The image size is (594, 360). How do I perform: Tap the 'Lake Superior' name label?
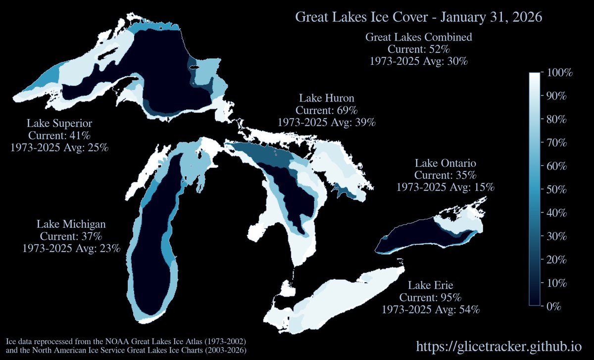coord(59,123)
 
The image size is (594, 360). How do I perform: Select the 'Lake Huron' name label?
coord(326,97)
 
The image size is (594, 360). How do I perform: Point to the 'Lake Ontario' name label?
coord(445,163)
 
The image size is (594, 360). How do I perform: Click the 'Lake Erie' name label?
coord(430,285)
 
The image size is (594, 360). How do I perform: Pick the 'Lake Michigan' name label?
coord(71,224)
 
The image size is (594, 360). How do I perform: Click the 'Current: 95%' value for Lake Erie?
coord(430,298)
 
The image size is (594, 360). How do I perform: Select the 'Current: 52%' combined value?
coord(418,50)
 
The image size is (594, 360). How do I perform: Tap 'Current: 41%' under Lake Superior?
coord(59,135)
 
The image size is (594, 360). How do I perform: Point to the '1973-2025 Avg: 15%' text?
coord(445,187)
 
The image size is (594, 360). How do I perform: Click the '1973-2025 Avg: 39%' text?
coord(326,122)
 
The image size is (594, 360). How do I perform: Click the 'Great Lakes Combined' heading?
coord(418,37)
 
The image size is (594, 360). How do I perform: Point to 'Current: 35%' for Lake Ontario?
coord(445,175)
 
